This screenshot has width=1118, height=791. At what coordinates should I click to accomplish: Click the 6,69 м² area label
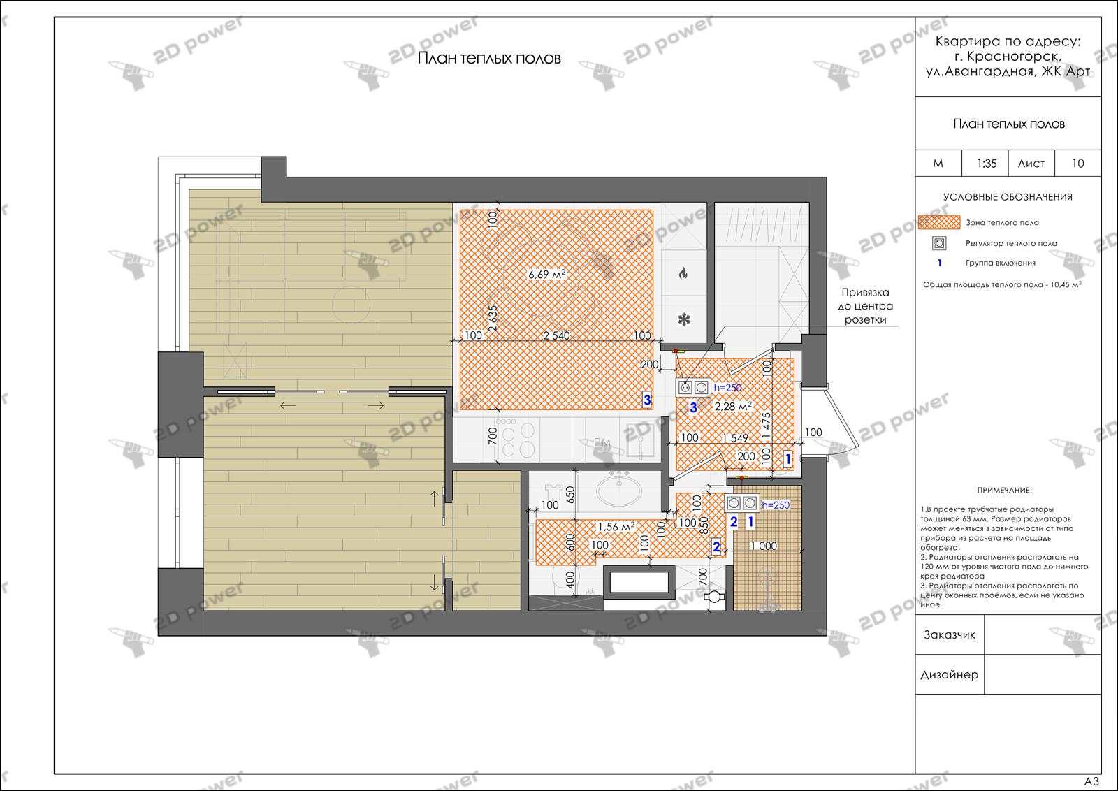point(547,274)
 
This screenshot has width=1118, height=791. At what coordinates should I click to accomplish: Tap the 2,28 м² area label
point(733,406)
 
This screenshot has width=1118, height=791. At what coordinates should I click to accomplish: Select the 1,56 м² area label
point(616,526)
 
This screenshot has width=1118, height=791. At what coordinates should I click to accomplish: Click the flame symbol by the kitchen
point(683,273)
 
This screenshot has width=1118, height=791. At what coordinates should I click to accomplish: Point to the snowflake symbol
point(684,319)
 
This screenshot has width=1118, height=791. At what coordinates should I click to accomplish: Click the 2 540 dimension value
point(556,335)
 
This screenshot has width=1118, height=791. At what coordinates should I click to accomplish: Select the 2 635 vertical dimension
point(493,319)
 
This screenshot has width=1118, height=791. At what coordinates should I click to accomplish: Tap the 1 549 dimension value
point(736,437)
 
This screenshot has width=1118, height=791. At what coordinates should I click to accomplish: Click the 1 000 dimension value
point(764,546)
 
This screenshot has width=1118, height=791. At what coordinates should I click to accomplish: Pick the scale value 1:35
point(987,164)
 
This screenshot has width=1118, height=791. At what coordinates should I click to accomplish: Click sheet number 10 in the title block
point(1078,164)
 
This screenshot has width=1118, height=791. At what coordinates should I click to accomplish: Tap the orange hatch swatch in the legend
point(939,222)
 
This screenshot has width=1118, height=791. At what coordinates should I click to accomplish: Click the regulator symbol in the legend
point(939,243)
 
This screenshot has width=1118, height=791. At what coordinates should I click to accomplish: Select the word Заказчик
point(950,634)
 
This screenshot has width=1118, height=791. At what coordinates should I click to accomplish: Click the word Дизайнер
point(950,675)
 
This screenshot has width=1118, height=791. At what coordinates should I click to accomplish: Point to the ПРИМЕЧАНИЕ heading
point(1004,491)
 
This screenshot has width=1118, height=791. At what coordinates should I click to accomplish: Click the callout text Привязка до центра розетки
point(866,306)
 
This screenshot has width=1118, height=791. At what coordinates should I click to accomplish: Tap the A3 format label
point(1091,781)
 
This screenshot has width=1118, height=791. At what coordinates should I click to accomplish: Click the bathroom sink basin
point(619,491)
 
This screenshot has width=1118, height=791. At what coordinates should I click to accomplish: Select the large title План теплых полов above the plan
point(489,59)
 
